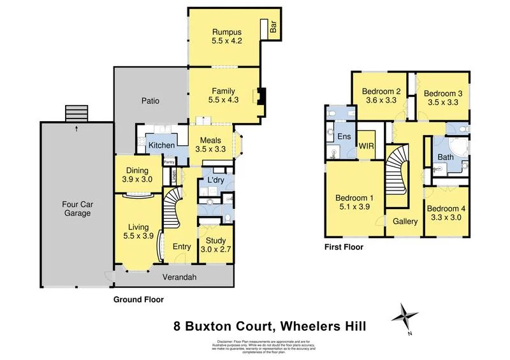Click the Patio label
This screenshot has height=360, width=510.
[x=150, y=101]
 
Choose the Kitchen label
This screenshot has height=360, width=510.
[x=162, y=146]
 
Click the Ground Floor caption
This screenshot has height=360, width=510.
[x=138, y=299]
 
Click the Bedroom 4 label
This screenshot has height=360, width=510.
[x=446, y=208]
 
